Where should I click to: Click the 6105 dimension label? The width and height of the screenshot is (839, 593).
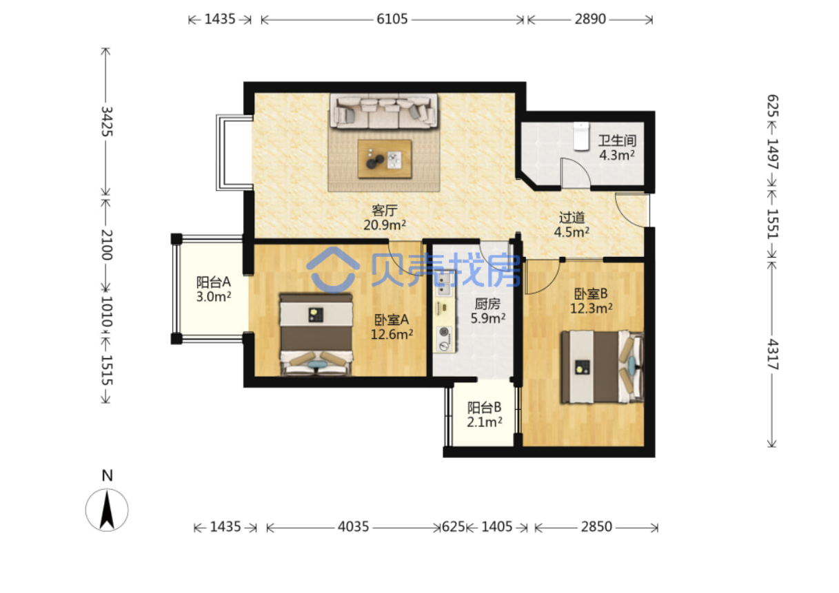point(392,19)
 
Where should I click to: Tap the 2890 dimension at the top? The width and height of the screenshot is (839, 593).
point(590,19)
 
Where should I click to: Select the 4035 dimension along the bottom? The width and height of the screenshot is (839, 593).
point(353,527)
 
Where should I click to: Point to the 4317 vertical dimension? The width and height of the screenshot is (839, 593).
point(772,354)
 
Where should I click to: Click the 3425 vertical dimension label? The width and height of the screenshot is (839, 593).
point(107,121)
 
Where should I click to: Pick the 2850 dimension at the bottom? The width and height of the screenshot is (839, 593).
point(596,527)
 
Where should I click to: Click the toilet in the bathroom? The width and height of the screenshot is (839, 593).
point(581,136)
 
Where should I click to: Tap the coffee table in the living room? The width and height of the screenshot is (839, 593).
point(384,158)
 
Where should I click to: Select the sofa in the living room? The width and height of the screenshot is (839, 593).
point(383,111)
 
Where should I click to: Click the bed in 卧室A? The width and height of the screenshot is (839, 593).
point(316,334)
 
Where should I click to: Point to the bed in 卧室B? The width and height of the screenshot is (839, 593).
point(602,366)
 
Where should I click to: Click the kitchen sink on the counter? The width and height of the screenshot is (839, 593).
point(444,284)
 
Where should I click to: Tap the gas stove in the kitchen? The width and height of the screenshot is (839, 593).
point(444,339)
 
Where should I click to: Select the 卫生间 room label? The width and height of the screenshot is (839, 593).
point(617,141)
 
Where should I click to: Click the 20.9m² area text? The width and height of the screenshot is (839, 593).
point(385,225)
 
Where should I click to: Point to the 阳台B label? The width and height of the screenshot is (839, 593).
point(484,407)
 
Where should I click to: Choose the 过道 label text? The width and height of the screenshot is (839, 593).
point(572,218)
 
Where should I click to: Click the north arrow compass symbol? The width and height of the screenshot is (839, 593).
point(107,510)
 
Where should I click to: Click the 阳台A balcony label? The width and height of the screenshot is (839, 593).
point(214,282)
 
